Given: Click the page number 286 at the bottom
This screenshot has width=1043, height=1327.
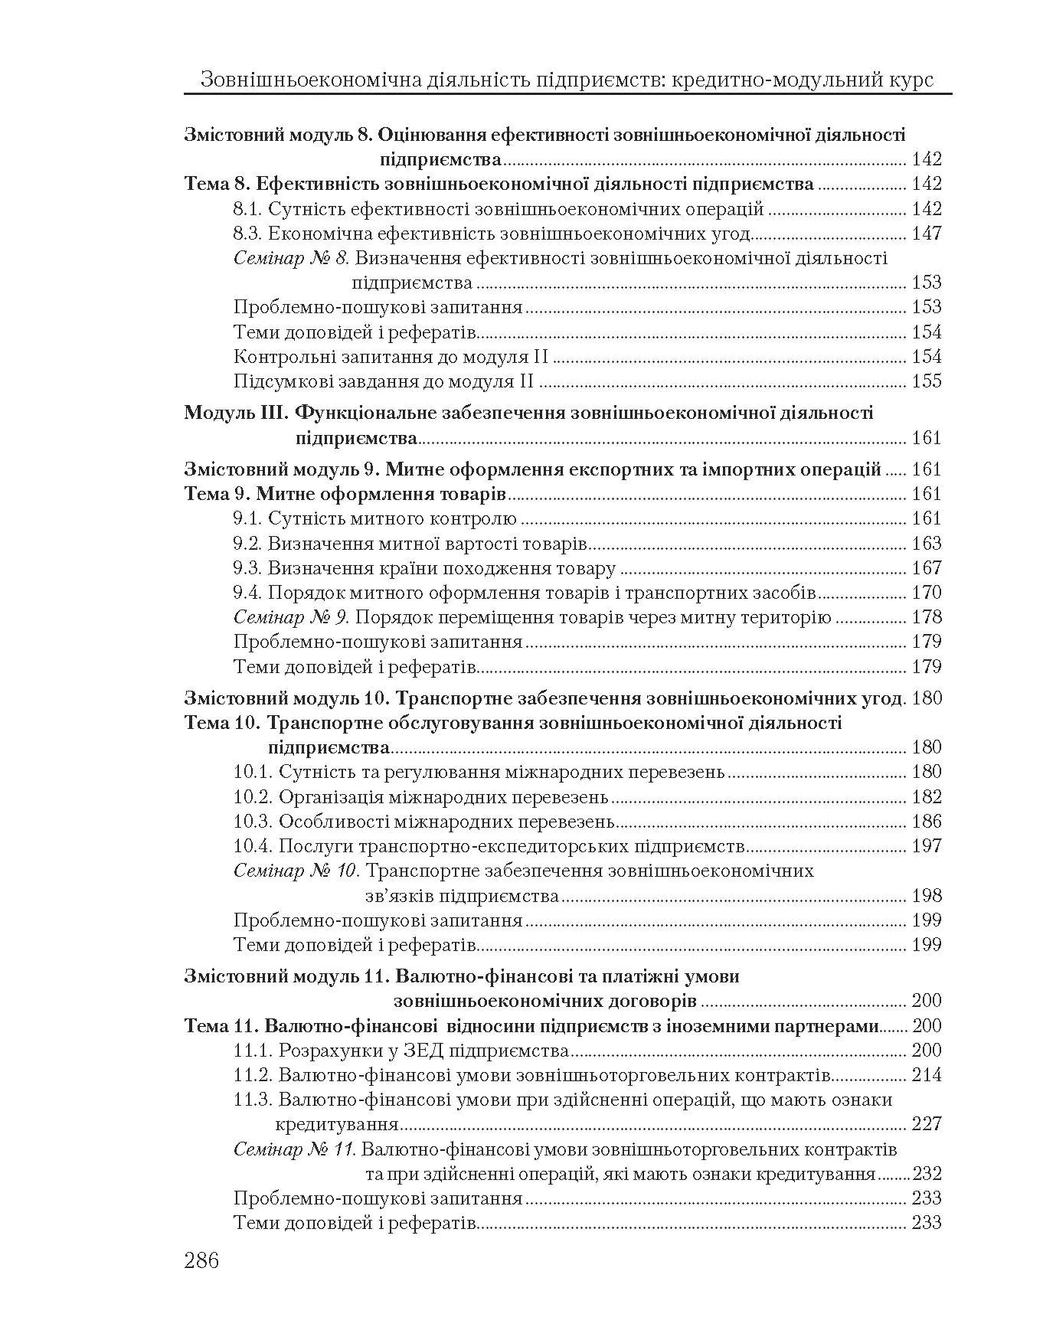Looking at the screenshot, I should click(201, 1260).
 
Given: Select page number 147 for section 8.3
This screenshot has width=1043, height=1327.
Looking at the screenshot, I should click(927, 234).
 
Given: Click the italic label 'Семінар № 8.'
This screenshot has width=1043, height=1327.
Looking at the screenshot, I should click(292, 258).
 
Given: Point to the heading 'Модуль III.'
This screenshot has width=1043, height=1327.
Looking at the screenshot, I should click(235, 413).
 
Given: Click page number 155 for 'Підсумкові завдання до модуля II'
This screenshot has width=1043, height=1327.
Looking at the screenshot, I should click(927, 381).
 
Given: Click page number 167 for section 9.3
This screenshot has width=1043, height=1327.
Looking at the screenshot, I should click(927, 568).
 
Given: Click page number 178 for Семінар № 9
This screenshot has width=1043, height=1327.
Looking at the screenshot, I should click(927, 617).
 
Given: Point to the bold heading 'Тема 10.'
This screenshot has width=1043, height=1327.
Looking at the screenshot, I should click(224, 723).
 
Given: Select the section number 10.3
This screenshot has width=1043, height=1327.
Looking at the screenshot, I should click(253, 822).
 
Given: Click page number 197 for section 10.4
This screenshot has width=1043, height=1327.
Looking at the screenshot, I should click(927, 846).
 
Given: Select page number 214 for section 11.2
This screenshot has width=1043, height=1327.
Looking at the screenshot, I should click(927, 1075).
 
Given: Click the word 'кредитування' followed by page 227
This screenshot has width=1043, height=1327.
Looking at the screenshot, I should click(337, 1125).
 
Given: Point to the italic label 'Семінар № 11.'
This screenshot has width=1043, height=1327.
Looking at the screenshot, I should click(296, 1149).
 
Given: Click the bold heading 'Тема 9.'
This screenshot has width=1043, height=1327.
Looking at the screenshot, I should click(218, 494).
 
